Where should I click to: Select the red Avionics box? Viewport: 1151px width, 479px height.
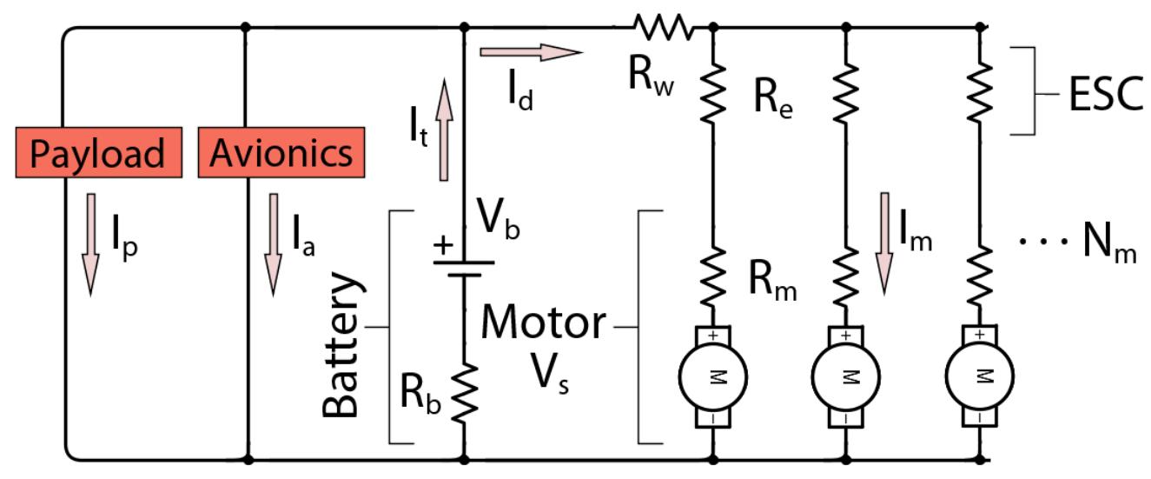(x=281, y=154)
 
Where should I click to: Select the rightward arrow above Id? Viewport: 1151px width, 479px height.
(x=530, y=53)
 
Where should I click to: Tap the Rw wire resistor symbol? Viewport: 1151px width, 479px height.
(x=662, y=27)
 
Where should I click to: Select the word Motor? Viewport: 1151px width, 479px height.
(x=544, y=323)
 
